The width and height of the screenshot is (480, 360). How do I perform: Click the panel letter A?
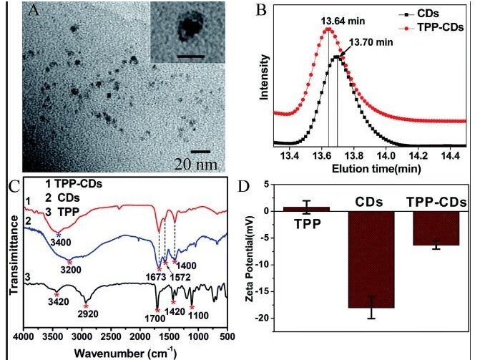point(31,11)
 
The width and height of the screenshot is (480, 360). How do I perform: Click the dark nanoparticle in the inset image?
point(190,29)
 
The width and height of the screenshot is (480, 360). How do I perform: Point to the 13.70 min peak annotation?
point(369,42)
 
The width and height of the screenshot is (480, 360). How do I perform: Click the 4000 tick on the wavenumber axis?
point(24,336)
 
